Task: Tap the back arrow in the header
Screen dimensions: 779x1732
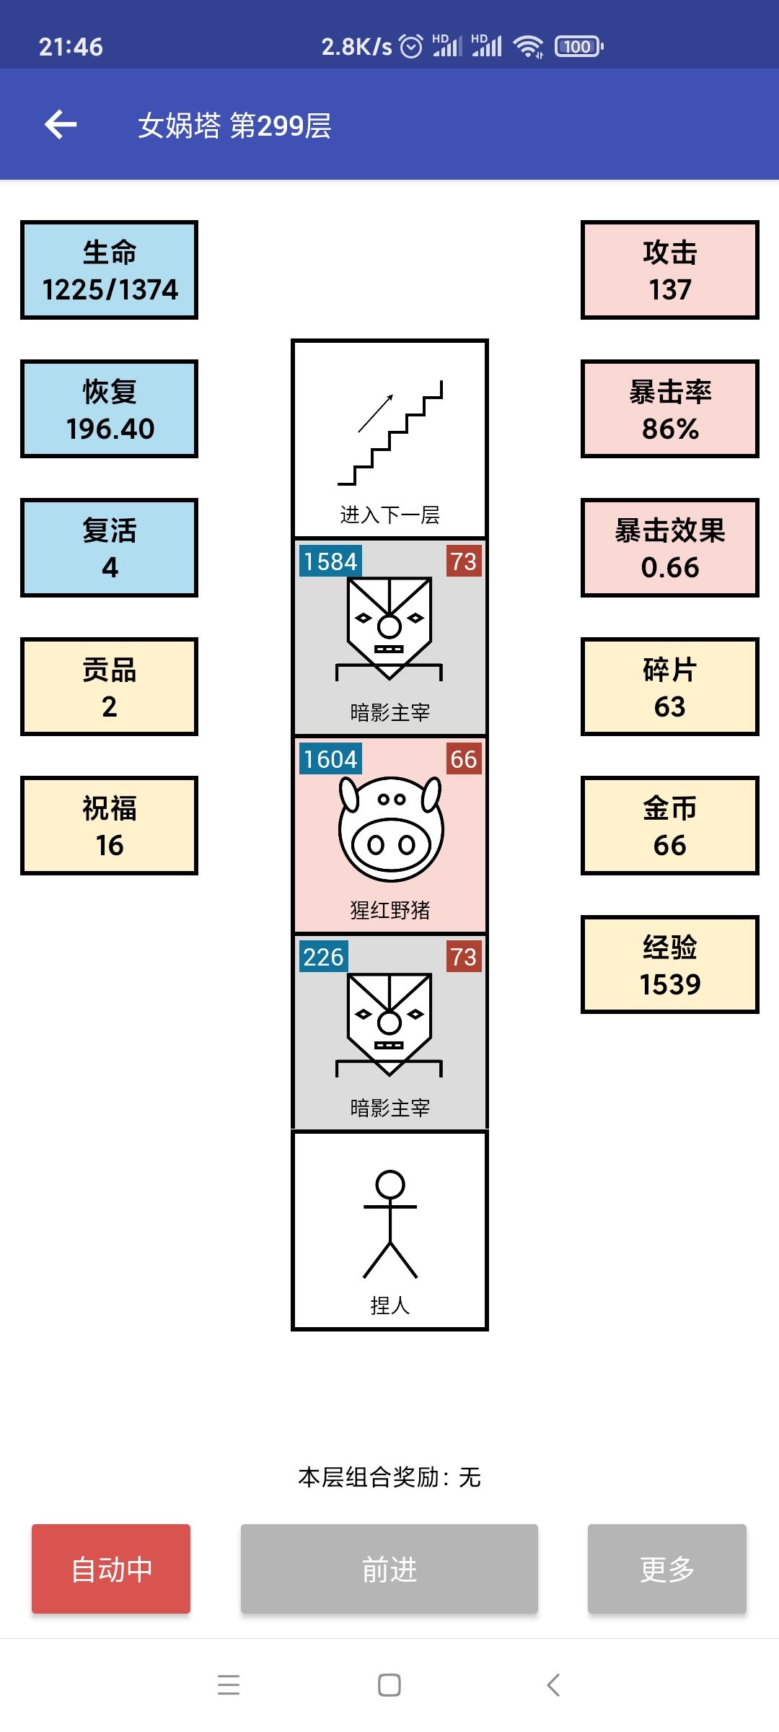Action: tap(61, 125)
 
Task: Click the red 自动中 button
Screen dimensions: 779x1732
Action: tap(111, 1569)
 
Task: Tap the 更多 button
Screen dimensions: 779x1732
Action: tap(667, 1569)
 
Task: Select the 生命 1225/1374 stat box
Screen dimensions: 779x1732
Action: tap(109, 270)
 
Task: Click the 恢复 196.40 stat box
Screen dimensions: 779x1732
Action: tap(109, 409)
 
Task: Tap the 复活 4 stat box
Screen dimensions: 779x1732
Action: tap(109, 548)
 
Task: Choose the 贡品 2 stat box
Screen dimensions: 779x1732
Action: tap(109, 687)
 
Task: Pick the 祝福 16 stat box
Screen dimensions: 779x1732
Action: tap(109, 826)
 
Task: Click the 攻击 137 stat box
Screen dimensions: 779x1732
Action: tap(670, 270)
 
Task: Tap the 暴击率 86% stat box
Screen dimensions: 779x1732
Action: tap(670, 409)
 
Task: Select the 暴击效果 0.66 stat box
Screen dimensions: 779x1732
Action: tap(670, 548)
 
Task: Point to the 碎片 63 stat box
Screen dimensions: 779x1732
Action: tap(670, 687)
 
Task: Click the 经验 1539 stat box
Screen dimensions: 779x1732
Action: tap(670, 965)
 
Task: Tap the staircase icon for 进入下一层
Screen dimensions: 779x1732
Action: tap(390, 433)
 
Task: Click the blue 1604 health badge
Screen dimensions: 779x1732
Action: tap(330, 759)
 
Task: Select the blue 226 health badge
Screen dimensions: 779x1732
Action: tap(323, 957)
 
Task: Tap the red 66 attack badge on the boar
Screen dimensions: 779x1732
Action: tap(464, 759)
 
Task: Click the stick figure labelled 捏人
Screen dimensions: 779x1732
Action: tap(390, 1224)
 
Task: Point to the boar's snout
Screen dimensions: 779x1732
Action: tap(391, 844)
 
